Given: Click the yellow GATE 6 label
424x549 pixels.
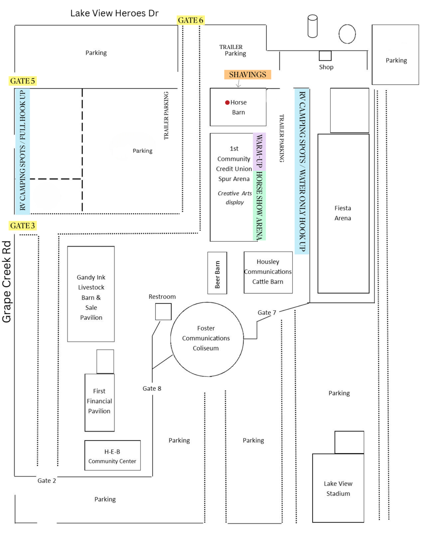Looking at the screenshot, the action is click(x=191, y=20).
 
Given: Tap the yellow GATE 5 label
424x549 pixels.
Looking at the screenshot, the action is click(x=23, y=81).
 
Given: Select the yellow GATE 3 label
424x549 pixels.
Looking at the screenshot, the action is click(x=23, y=226).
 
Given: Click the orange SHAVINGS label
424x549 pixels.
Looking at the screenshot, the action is click(x=248, y=75).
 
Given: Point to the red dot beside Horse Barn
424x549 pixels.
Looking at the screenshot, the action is click(x=227, y=102).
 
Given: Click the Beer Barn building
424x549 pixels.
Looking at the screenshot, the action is click(x=217, y=273).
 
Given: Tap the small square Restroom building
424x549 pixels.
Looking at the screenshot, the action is click(x=163, y=312).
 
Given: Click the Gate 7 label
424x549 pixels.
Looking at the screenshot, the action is click(x=267, y=313).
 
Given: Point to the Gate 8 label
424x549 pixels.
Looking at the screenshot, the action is click(x=152, y=388).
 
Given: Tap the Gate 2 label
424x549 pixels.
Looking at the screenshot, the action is click(x=47, y=481).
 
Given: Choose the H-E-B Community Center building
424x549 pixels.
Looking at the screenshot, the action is click(x=113, y=455).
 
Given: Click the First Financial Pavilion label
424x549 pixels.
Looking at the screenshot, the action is click(x=99, y=401).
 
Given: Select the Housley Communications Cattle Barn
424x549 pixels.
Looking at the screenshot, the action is click(x=268, y=272).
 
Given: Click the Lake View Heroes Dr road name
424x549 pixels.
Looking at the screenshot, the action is click(x=114, y=13).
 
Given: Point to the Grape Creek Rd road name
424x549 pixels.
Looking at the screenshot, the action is click(x=7, y=282).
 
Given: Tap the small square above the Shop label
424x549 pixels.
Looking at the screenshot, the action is click(x=325, y=56).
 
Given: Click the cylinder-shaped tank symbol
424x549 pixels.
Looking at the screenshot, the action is click(x=313, y=26).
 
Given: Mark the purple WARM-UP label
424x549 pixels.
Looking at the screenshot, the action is click(x=259, y=151).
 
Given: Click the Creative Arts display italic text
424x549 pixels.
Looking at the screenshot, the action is click(x=235, y=198).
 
